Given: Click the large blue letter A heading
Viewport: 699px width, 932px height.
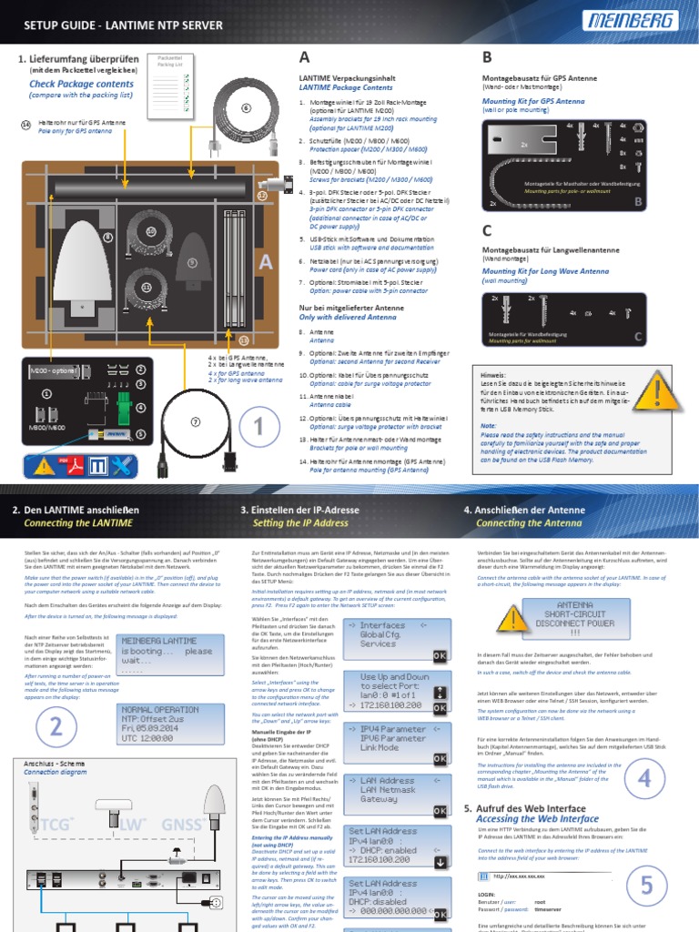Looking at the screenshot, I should click(x=304, y=58).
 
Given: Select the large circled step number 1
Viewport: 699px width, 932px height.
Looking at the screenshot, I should click(x=258, y=426).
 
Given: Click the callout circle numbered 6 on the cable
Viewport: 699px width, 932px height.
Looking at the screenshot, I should click(x=245, y=107).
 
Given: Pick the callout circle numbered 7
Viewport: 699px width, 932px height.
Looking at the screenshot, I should click(x=194, y=421).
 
